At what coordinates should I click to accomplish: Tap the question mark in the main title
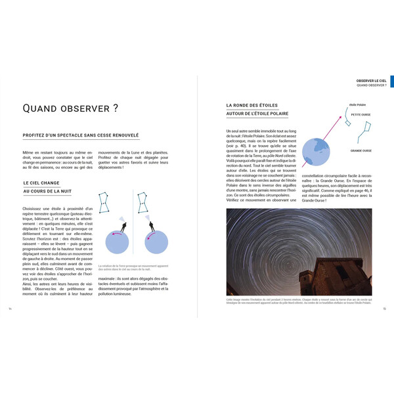point(115,108)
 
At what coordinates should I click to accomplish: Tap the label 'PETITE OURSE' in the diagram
point(361,114)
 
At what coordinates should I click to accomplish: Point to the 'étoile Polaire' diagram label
point(358,104)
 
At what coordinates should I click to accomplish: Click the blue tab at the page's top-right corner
point(391,81)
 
